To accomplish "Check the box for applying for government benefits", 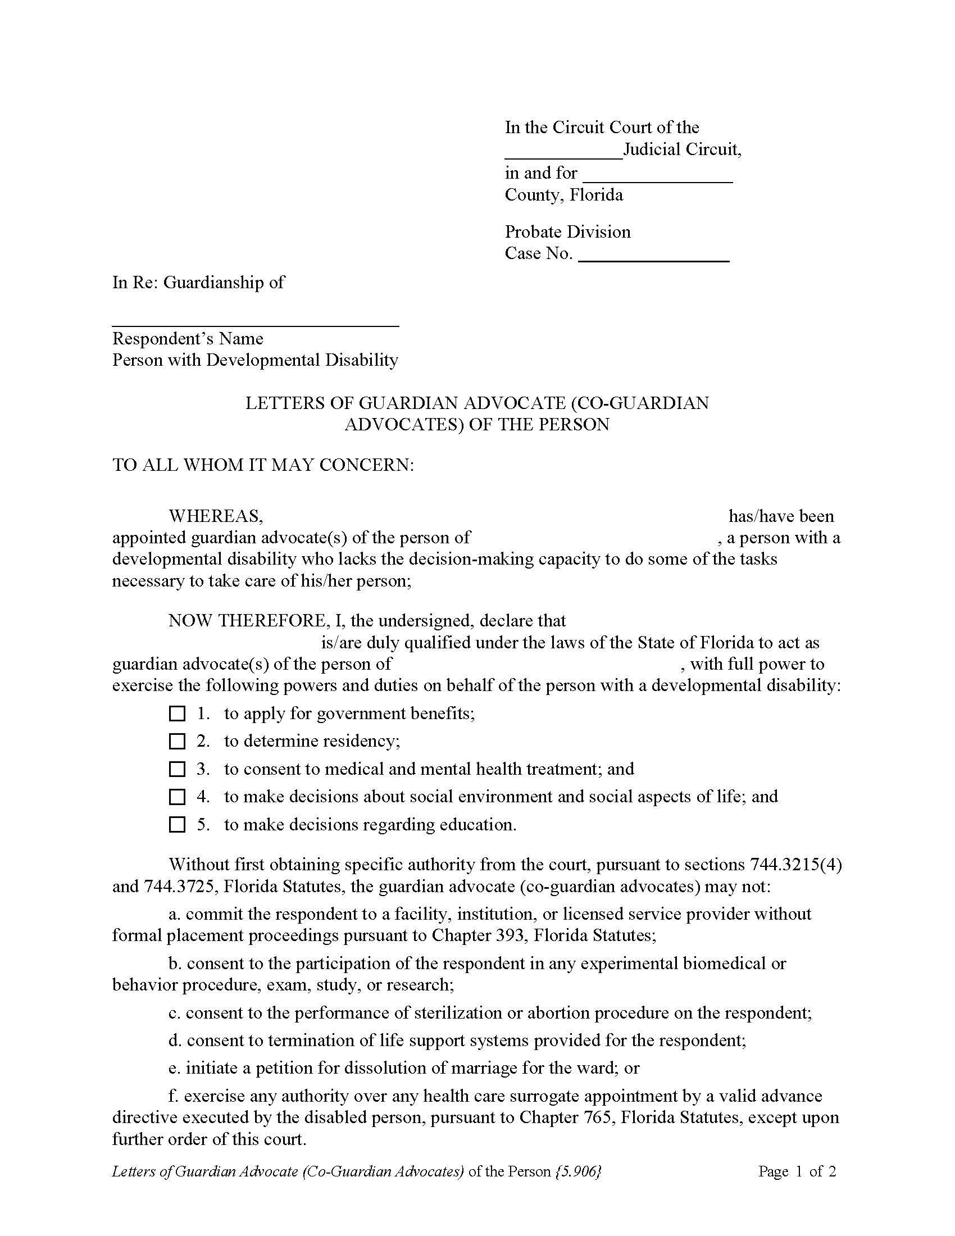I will click(177, 714).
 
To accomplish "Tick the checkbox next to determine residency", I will click(177, 742).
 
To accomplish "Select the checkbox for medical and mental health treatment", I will click(177, 769).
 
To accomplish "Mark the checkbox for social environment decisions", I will click(177, 797).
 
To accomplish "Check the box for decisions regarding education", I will click(177, 825).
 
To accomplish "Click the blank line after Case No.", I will click(654, 258).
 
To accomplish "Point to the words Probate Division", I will click(567, 231).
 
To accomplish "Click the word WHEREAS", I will click(215, 516).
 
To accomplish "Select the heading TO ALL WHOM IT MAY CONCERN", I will click(263, 465).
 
